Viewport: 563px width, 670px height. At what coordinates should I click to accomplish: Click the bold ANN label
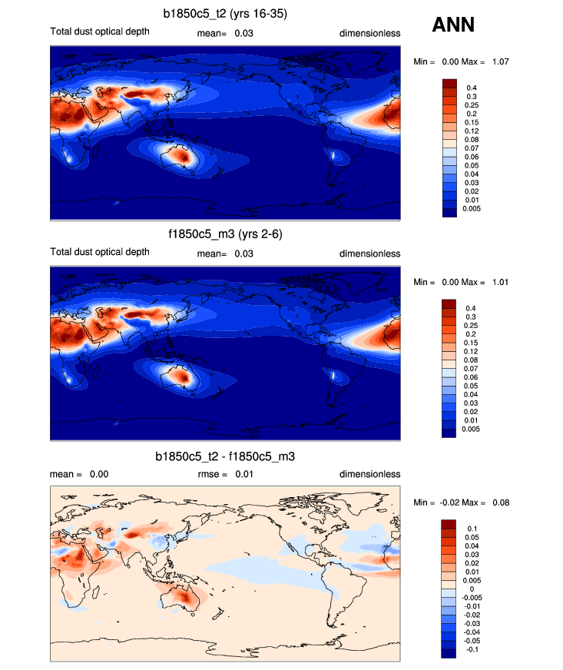(453, 25)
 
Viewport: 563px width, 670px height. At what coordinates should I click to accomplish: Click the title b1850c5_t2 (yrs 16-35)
(225, 14)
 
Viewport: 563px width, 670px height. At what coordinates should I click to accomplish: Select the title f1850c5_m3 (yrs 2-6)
(225, 234)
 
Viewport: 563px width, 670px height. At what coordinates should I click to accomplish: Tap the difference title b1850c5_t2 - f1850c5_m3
(225, 456)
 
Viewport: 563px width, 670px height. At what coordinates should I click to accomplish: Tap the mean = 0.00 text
(79, 474)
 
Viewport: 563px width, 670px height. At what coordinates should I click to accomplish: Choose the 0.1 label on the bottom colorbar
(472, 529)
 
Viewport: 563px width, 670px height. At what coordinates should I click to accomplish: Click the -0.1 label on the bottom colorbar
(474, 649)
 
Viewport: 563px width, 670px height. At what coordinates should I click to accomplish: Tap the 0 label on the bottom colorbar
(470, 589)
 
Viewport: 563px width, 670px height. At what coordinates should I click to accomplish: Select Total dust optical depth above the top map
(100, 32)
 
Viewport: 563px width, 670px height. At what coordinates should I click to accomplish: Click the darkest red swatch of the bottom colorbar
(449, 524)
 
